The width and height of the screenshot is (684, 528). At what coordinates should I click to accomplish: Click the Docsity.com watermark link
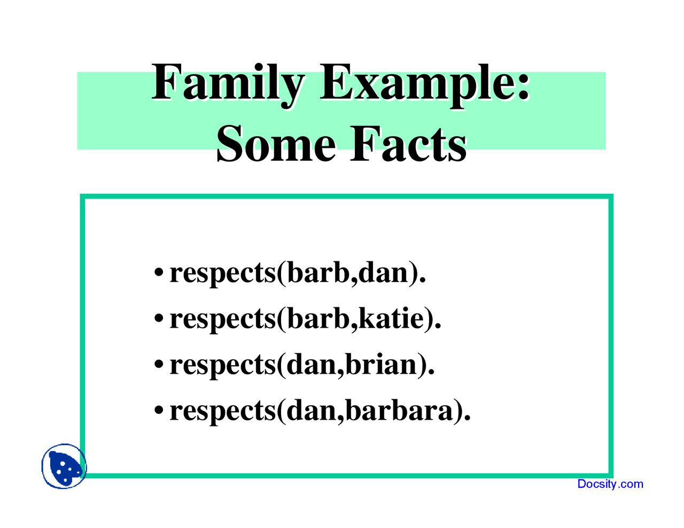[x=610, y=484]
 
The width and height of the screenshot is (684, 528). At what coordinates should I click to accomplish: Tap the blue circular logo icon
[x=64, y=466]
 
